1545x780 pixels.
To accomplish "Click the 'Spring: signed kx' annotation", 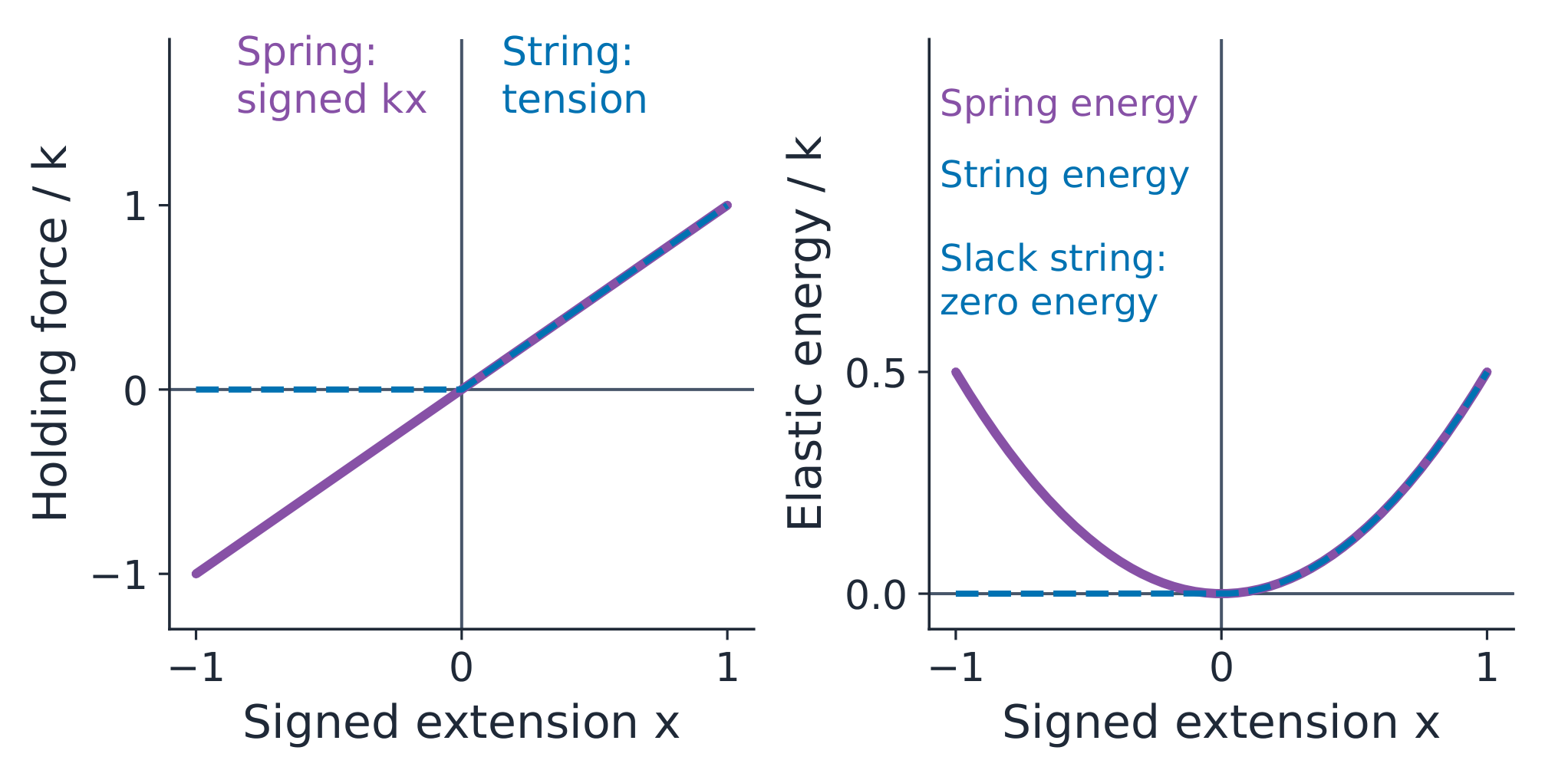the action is [x=331, y=76].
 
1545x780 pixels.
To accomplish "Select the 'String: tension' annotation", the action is [x=575, y=76].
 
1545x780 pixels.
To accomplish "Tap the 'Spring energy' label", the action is [x=1069, y=105].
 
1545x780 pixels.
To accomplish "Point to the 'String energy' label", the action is [x=1065, y=176].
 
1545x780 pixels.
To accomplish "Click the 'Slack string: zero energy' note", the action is [x=1053, y=280].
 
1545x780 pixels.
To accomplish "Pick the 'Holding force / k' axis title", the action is [x=51, y=333].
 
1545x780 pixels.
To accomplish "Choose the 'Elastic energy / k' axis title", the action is [x=805, y=333].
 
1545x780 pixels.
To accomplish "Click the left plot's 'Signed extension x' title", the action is [x=461, y=722].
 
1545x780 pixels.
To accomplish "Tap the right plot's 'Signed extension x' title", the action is [x=1221, y=722].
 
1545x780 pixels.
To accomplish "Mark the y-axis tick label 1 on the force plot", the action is [x=135, y=206].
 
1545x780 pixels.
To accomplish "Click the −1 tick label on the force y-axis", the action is [x=120, y=575].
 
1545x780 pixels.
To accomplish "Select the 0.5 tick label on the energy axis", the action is [x=876, y=374].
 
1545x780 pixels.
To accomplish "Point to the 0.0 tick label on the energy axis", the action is [x=876, y=595].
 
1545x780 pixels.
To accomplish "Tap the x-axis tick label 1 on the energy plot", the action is [x=1487, y=668].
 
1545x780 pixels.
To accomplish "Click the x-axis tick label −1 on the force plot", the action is [x=196, y=668].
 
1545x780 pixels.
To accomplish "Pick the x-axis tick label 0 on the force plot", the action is [x=461, y=668].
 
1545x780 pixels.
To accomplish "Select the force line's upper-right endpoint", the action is [x=726, y=206].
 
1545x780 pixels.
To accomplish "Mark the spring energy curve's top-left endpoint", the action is [x=956, y=373].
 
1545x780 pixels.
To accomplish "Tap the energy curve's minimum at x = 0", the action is [x=1221, y=593].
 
